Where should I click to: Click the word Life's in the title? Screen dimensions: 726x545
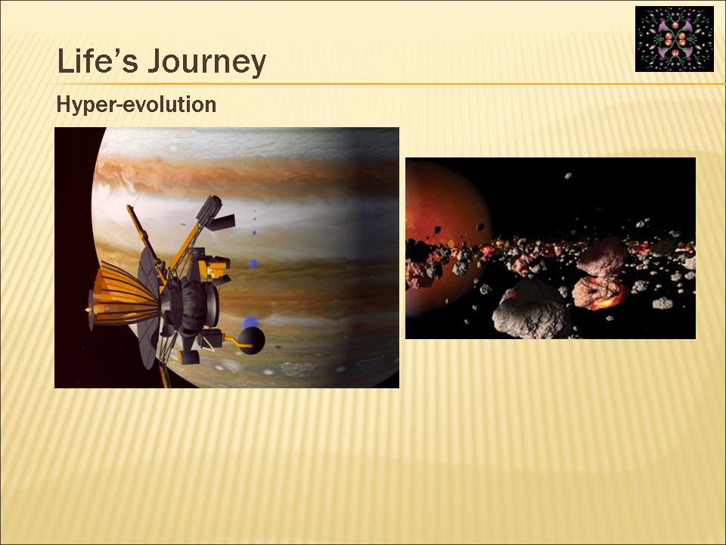[98, 61]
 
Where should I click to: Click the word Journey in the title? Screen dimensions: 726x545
[207, 63]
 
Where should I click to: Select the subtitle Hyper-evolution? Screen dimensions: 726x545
[136, 104]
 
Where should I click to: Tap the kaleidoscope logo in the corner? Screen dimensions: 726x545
[674, 39]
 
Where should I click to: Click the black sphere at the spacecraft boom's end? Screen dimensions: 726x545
[251, 341]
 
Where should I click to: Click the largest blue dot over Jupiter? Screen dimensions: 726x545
[250, 322]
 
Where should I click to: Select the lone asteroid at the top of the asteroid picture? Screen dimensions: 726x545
[568, 176]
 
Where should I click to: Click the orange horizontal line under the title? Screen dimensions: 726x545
[387, 84]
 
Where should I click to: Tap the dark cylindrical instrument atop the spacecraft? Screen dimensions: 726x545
[209, 210]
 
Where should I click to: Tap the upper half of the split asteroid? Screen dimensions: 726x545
[603, 257]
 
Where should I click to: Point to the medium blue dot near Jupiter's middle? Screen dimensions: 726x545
[253, 263]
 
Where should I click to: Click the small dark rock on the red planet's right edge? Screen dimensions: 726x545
[480, 226]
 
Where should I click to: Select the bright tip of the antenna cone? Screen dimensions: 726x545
[88, 309]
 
